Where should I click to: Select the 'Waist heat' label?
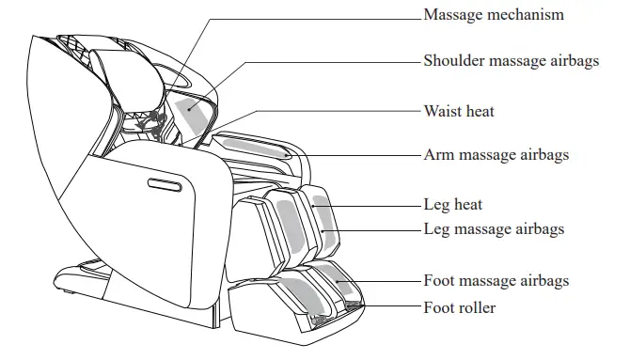coord(458,112)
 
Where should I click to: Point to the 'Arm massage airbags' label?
coord(496,154)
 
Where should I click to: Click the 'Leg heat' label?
coord(452,204)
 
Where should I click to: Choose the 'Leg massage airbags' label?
coord(494,228)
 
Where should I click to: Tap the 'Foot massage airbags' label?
coord(496,280)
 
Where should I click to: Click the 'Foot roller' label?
coord(459,307)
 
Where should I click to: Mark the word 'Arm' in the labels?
coord(437,154)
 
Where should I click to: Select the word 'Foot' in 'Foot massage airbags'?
coord(439,280)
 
